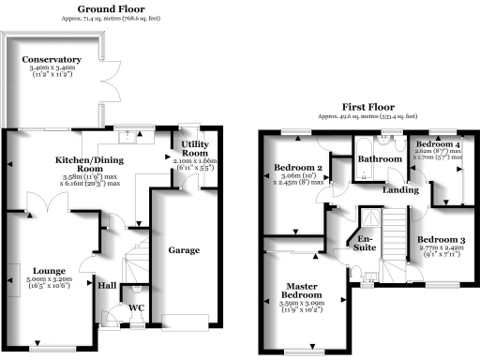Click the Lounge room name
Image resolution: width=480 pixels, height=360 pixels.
(x=46, y=271)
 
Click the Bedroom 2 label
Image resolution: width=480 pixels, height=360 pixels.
(x=297, y=169)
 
